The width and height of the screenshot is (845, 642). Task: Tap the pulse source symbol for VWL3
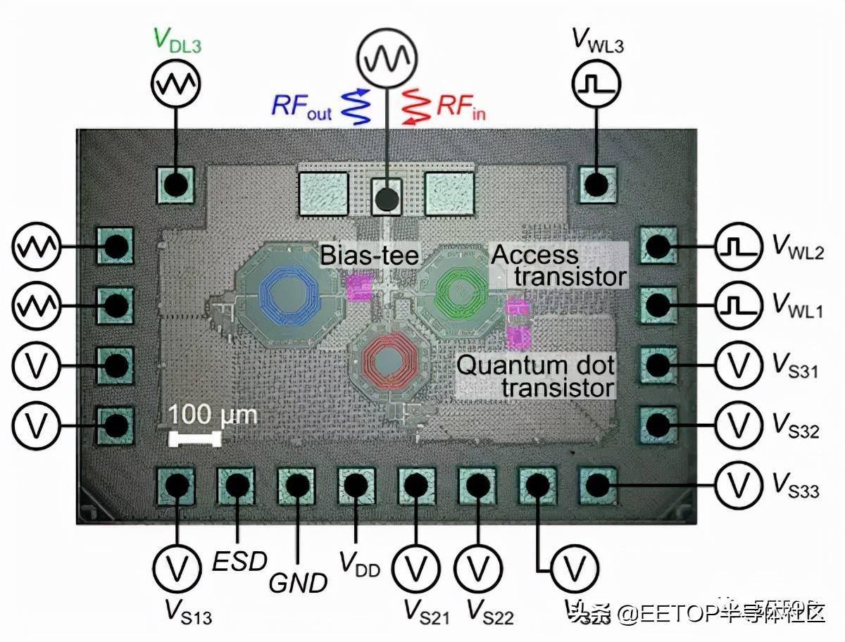(x=596, y=85)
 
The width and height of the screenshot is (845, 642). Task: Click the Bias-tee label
(x=369, y=255)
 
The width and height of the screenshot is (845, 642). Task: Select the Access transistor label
(x=558, y=265)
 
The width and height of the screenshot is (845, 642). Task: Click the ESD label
(x=239, y=561)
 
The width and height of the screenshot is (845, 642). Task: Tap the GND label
(x=298, y=581)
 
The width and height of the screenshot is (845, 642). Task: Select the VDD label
(x=359, y=563)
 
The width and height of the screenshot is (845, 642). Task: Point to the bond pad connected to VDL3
(x=175, y=184)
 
